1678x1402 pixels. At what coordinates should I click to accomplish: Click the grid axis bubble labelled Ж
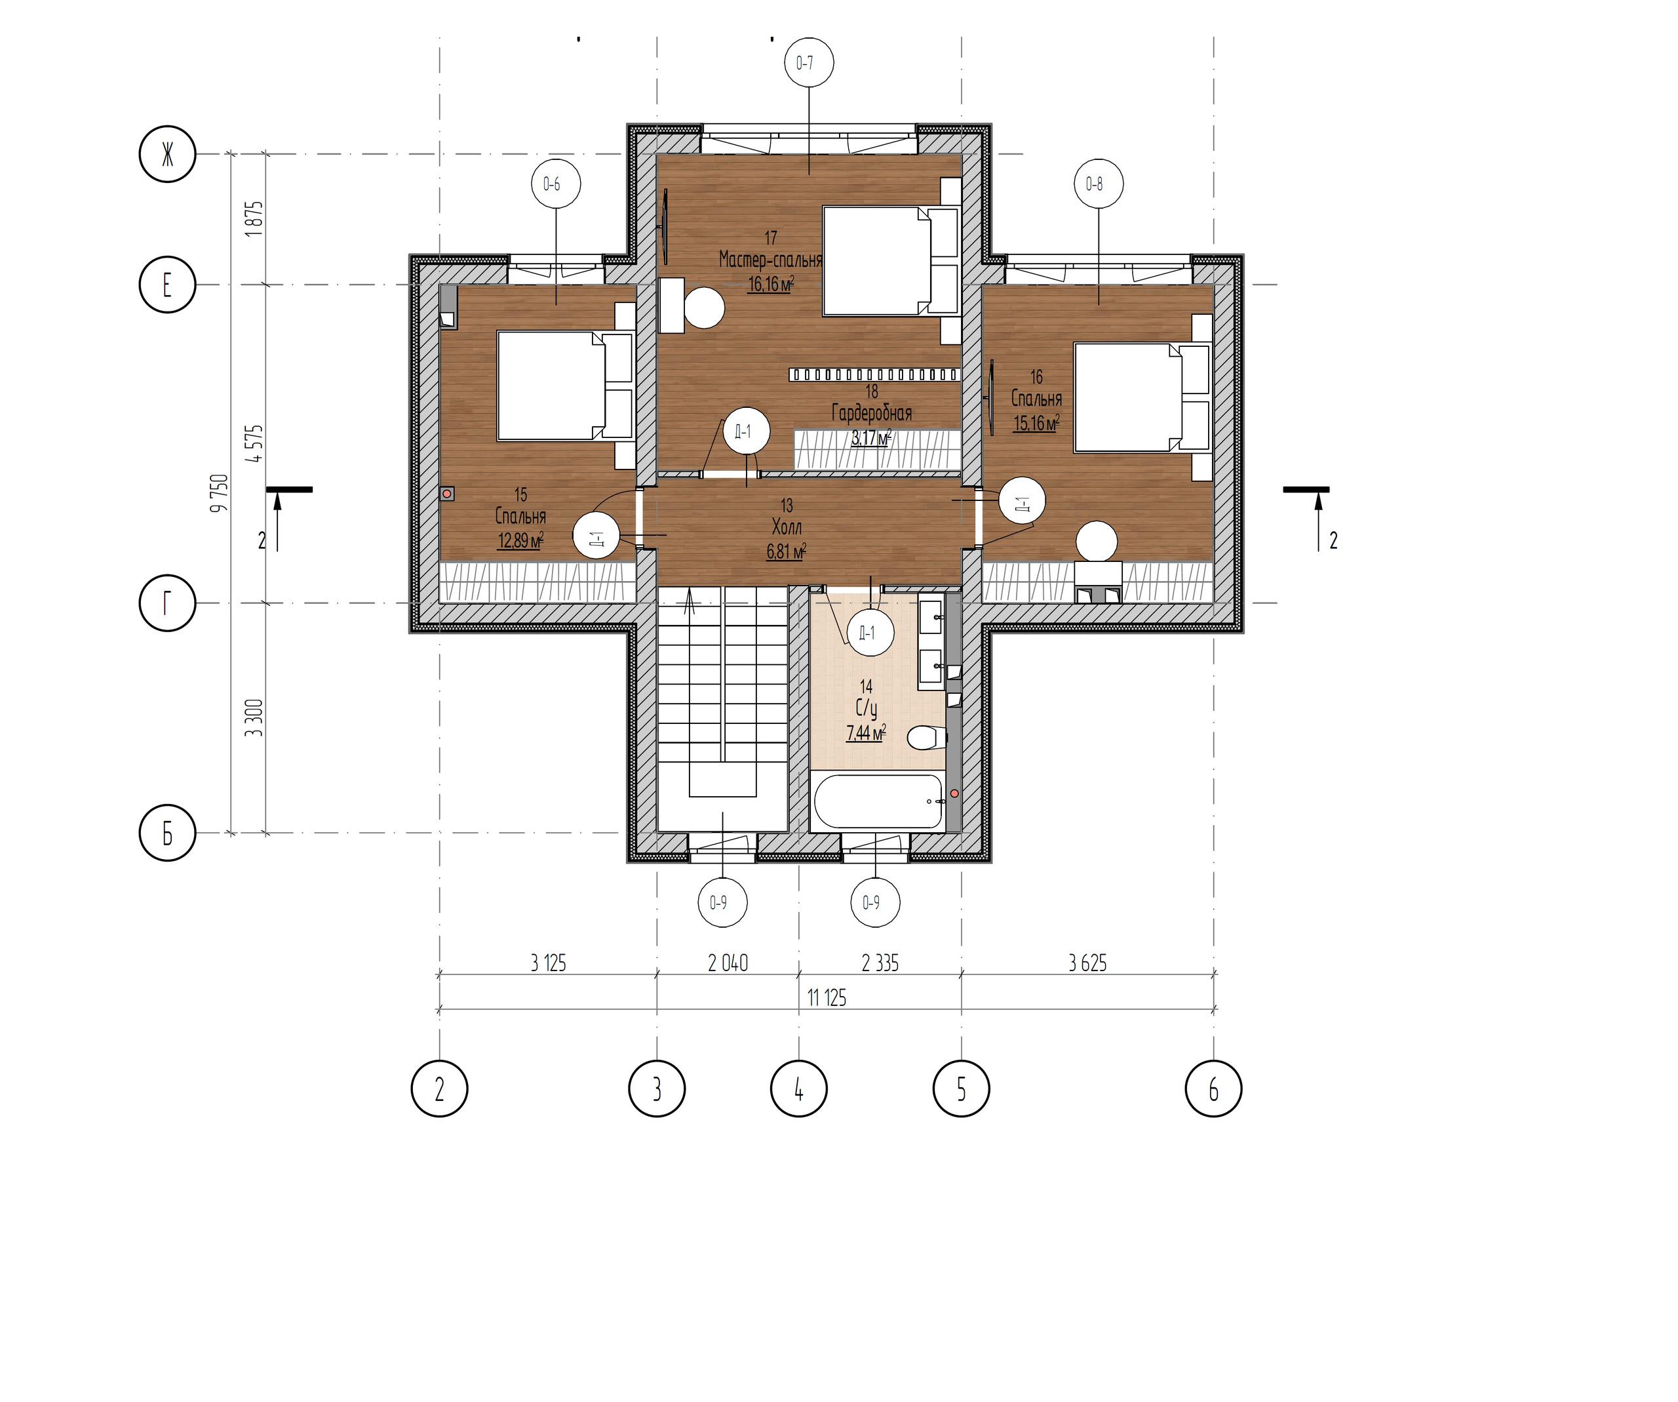click(x=167, y=154)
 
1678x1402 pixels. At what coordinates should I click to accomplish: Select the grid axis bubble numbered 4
click(x=798, y=1089)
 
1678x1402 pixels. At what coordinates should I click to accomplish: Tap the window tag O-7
click(x=805, y=62)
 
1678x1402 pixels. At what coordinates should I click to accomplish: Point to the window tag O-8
click(x=1094, y=184)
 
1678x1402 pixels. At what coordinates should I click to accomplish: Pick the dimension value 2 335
click(x=880, y=963)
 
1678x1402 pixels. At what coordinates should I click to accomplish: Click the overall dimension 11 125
click(x=826, y=997)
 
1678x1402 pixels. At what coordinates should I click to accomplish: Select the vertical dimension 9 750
click(x=219, y=493)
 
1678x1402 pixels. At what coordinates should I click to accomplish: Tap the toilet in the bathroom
click(x=927, y=737)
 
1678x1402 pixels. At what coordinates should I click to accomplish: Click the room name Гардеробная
click(x=872, y=412)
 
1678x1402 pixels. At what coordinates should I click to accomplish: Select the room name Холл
click(x=787, y=527)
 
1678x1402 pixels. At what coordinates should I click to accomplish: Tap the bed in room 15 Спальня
click(x=565, y=386)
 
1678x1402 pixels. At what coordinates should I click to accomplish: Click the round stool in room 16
click(x=1097, y=541)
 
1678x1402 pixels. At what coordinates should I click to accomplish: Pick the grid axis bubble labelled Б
click(x=167, y=833)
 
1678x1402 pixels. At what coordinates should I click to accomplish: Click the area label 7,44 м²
click(x=866, y=732)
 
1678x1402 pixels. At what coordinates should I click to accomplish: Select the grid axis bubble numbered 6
click(x=1214, y=1089)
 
